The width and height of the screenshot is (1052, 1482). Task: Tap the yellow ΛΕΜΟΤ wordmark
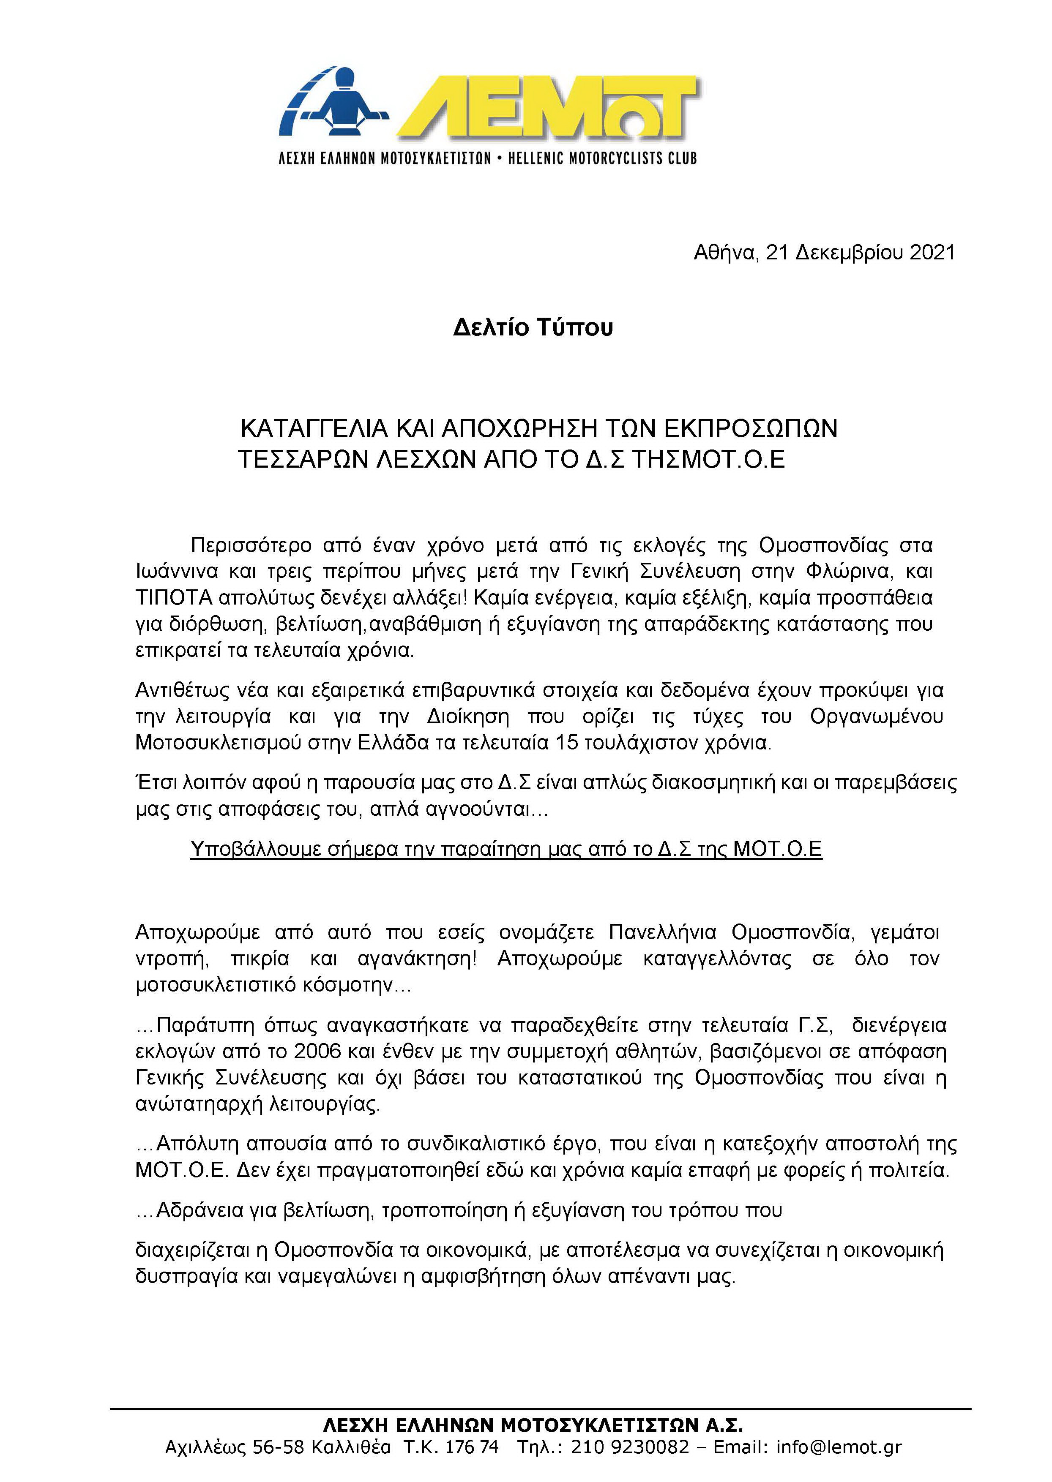click(547, 107)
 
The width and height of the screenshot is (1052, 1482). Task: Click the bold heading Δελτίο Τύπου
click(533, 327)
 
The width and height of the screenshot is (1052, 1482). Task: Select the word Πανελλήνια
click(663, 932)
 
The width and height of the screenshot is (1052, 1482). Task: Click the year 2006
click(317, 1051)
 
